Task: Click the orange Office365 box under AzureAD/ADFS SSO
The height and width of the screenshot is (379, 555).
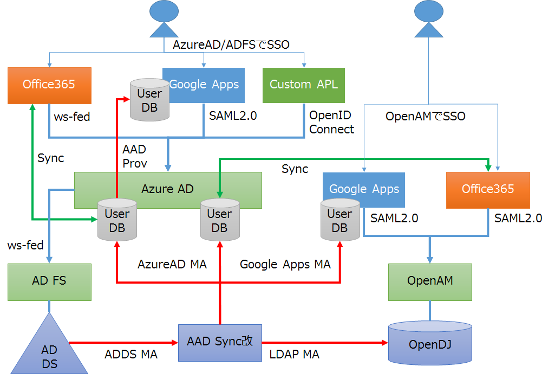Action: [49, 85]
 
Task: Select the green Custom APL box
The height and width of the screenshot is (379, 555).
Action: [303, 85]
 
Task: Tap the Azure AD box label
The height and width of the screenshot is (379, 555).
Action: [167, 189]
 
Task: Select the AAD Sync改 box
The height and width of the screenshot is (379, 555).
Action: [220, 342]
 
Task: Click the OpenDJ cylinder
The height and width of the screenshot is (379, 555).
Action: [430, 344]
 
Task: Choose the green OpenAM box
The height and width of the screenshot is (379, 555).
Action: [430, 281]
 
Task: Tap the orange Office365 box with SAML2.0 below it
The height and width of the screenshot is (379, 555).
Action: [487, 189]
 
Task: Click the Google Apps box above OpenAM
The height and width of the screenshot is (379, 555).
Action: [364, 189]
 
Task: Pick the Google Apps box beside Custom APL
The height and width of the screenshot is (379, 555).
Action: [204, 85]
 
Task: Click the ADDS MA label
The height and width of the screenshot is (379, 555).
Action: [131, 355]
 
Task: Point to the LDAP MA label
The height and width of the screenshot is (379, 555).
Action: [295, 355]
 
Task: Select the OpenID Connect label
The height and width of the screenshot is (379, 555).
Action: [331, 123]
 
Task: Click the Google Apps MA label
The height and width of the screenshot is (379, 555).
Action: [285, 265]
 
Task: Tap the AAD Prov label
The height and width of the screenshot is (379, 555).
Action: [134, 156]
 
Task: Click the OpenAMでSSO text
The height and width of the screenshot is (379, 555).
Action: [425, 117]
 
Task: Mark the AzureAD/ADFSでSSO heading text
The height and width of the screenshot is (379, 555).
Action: [231, 45]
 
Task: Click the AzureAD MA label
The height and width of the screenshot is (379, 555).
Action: [172, 265]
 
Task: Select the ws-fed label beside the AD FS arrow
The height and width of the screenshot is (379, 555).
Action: [25, 246]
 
